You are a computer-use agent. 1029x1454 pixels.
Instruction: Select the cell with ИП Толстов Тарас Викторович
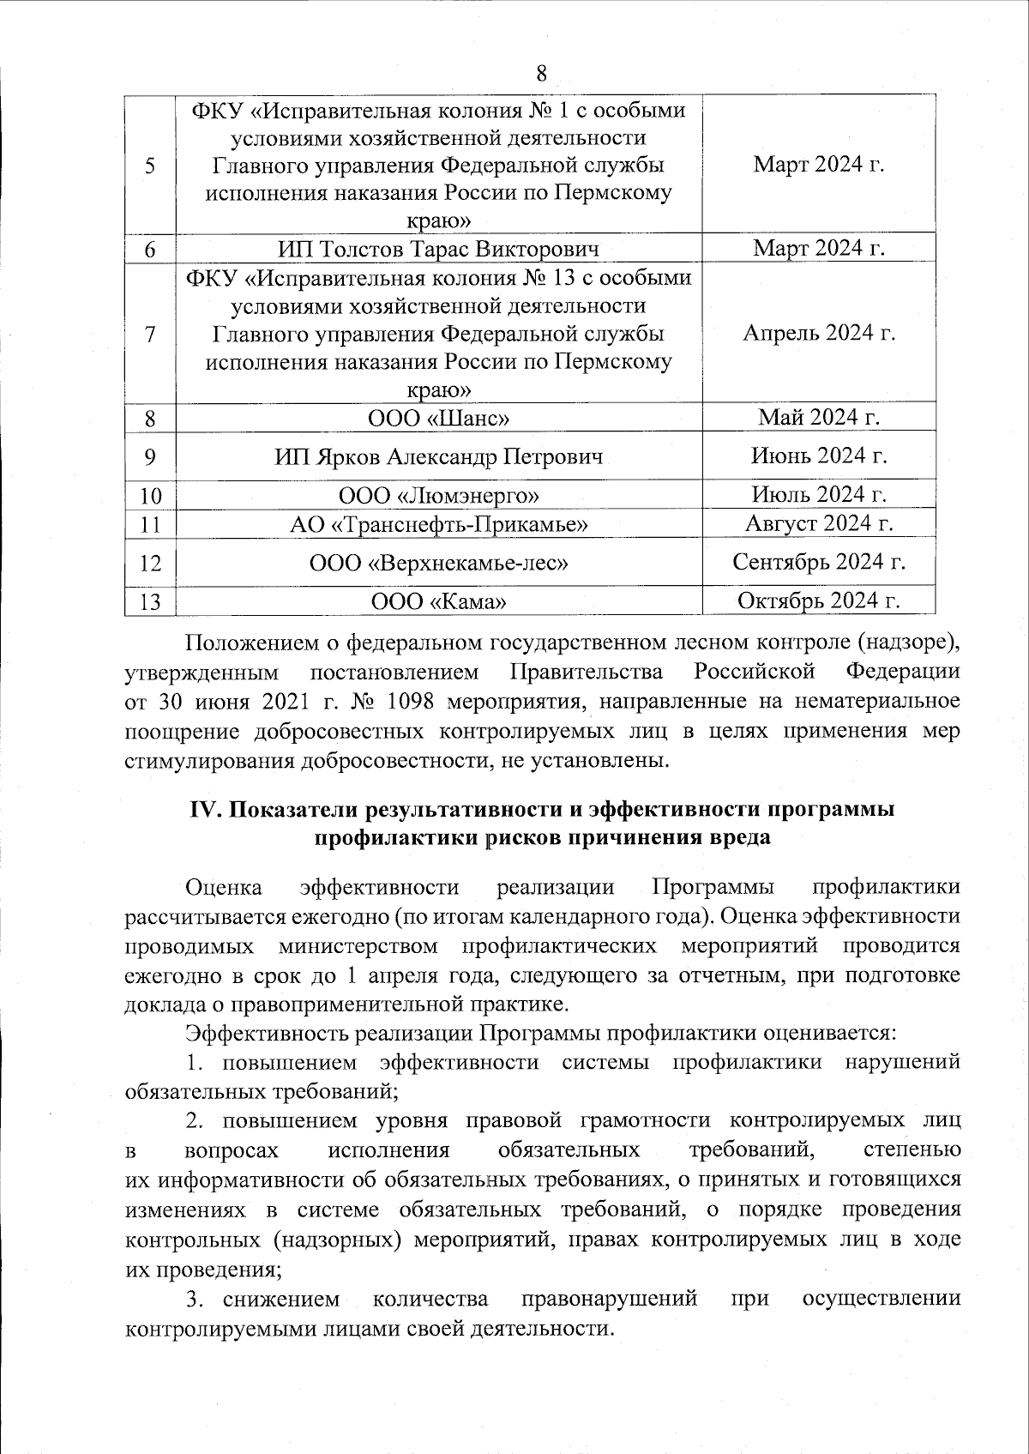click(x=438, y=249)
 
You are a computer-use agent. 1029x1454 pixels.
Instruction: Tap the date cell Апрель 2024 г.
click(x=819, y=333)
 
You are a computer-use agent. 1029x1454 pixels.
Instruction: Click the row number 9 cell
click(x=150, y=456)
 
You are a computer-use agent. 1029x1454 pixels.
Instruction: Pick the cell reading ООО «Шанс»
click(x=438, y=419)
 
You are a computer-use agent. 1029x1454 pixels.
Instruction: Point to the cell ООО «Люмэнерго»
click(x=438, y=495)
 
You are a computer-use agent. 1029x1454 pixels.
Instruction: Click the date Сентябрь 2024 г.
click(x=819, y=562)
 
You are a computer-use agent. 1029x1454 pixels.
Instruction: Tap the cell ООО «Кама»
click(x=438, y=601)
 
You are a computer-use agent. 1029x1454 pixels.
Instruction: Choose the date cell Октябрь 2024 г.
click(x=819, y=600)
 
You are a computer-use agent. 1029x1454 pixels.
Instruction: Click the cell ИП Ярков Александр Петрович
click(x=438, y=456)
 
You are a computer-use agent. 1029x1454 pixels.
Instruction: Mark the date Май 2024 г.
click(x=819, y=418)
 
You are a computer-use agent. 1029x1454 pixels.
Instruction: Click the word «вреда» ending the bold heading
click(x=739, y=837)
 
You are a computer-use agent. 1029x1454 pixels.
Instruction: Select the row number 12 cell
click(x=150, y=563)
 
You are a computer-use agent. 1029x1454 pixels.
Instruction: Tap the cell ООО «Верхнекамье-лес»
click(x=438, y=563)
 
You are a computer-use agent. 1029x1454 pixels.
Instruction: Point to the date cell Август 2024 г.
click(x=819, y=523)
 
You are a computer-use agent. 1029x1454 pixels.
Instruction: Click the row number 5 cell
click(x=150, y=165)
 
